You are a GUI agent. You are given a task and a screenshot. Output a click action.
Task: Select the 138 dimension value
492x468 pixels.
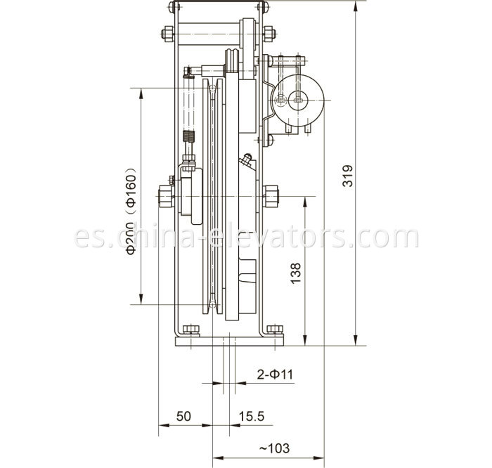pos(295,272)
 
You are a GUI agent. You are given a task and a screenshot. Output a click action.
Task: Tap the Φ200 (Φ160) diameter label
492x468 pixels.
pos(131,210)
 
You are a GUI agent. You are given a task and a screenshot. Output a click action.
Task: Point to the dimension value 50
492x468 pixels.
pos(183,417)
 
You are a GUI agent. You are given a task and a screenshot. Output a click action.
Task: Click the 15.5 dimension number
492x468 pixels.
pos(251,417)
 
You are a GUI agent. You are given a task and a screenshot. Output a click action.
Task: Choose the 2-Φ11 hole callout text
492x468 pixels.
pos(275,375)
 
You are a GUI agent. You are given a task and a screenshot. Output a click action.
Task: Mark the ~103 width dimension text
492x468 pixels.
pos(274,448)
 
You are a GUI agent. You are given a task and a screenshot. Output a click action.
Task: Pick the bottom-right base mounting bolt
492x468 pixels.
pos(274,329)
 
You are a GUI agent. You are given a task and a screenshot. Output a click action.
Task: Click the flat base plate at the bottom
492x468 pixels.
pos(229,341)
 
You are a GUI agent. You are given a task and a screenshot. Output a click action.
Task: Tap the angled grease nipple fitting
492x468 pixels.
pos(245,161)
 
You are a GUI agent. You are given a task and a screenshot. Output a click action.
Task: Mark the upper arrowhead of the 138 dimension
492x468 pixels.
pos(304,200)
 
